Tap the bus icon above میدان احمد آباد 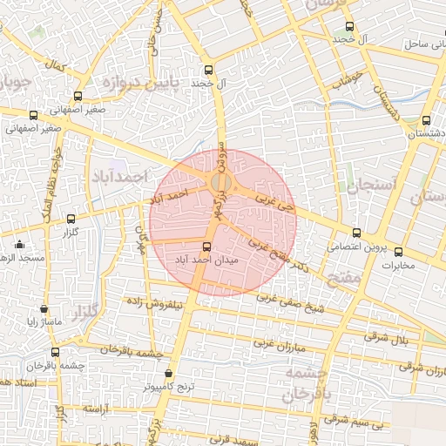pos(207,247)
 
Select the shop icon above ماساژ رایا pos(44,309)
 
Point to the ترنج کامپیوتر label pos(170,384)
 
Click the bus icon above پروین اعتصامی pos(356,233)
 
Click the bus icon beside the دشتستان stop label pos(426,121)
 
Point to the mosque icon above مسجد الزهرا pos(19,245)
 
